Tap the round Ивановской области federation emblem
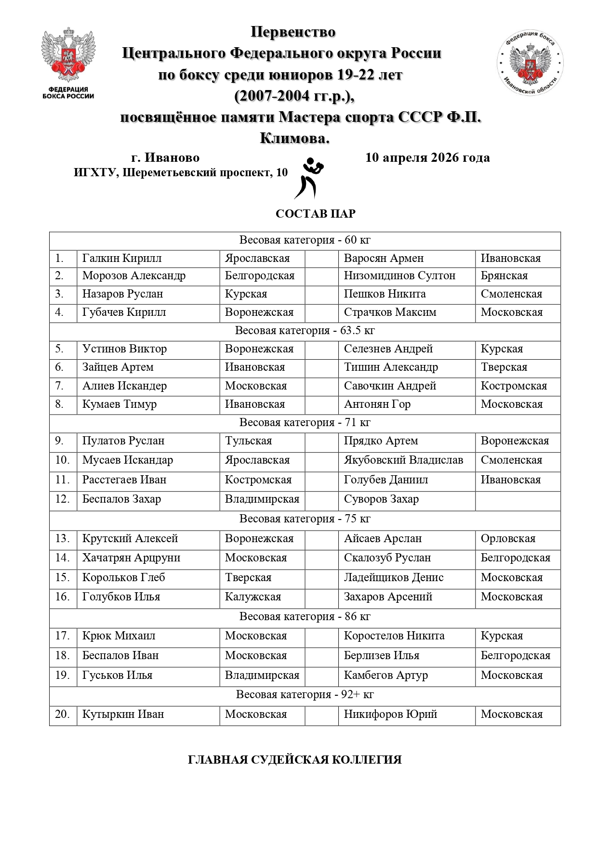tap(530, 63)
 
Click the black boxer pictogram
tap(308, 178)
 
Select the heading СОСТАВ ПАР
tap(315, 214)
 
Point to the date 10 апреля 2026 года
tap(427, 157)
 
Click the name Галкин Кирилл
tap(122, 258)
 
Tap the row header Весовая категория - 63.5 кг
tap(305, 331)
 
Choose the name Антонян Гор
tap(377, 404)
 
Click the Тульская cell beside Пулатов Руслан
tap(248, 441)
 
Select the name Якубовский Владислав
tap(403, 460)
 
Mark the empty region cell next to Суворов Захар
tap(518, 500)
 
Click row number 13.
tap(63, 539)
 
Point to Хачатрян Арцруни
tap(131, 558)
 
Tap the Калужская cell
tap(253, 597)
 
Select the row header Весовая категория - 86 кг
tap(305, 617)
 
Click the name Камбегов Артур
tap(385, 676)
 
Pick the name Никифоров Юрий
tap(390, 715)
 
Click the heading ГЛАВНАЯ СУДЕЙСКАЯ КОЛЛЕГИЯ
tap(294, 760)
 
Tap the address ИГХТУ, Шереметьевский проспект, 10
tap(181, 173)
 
